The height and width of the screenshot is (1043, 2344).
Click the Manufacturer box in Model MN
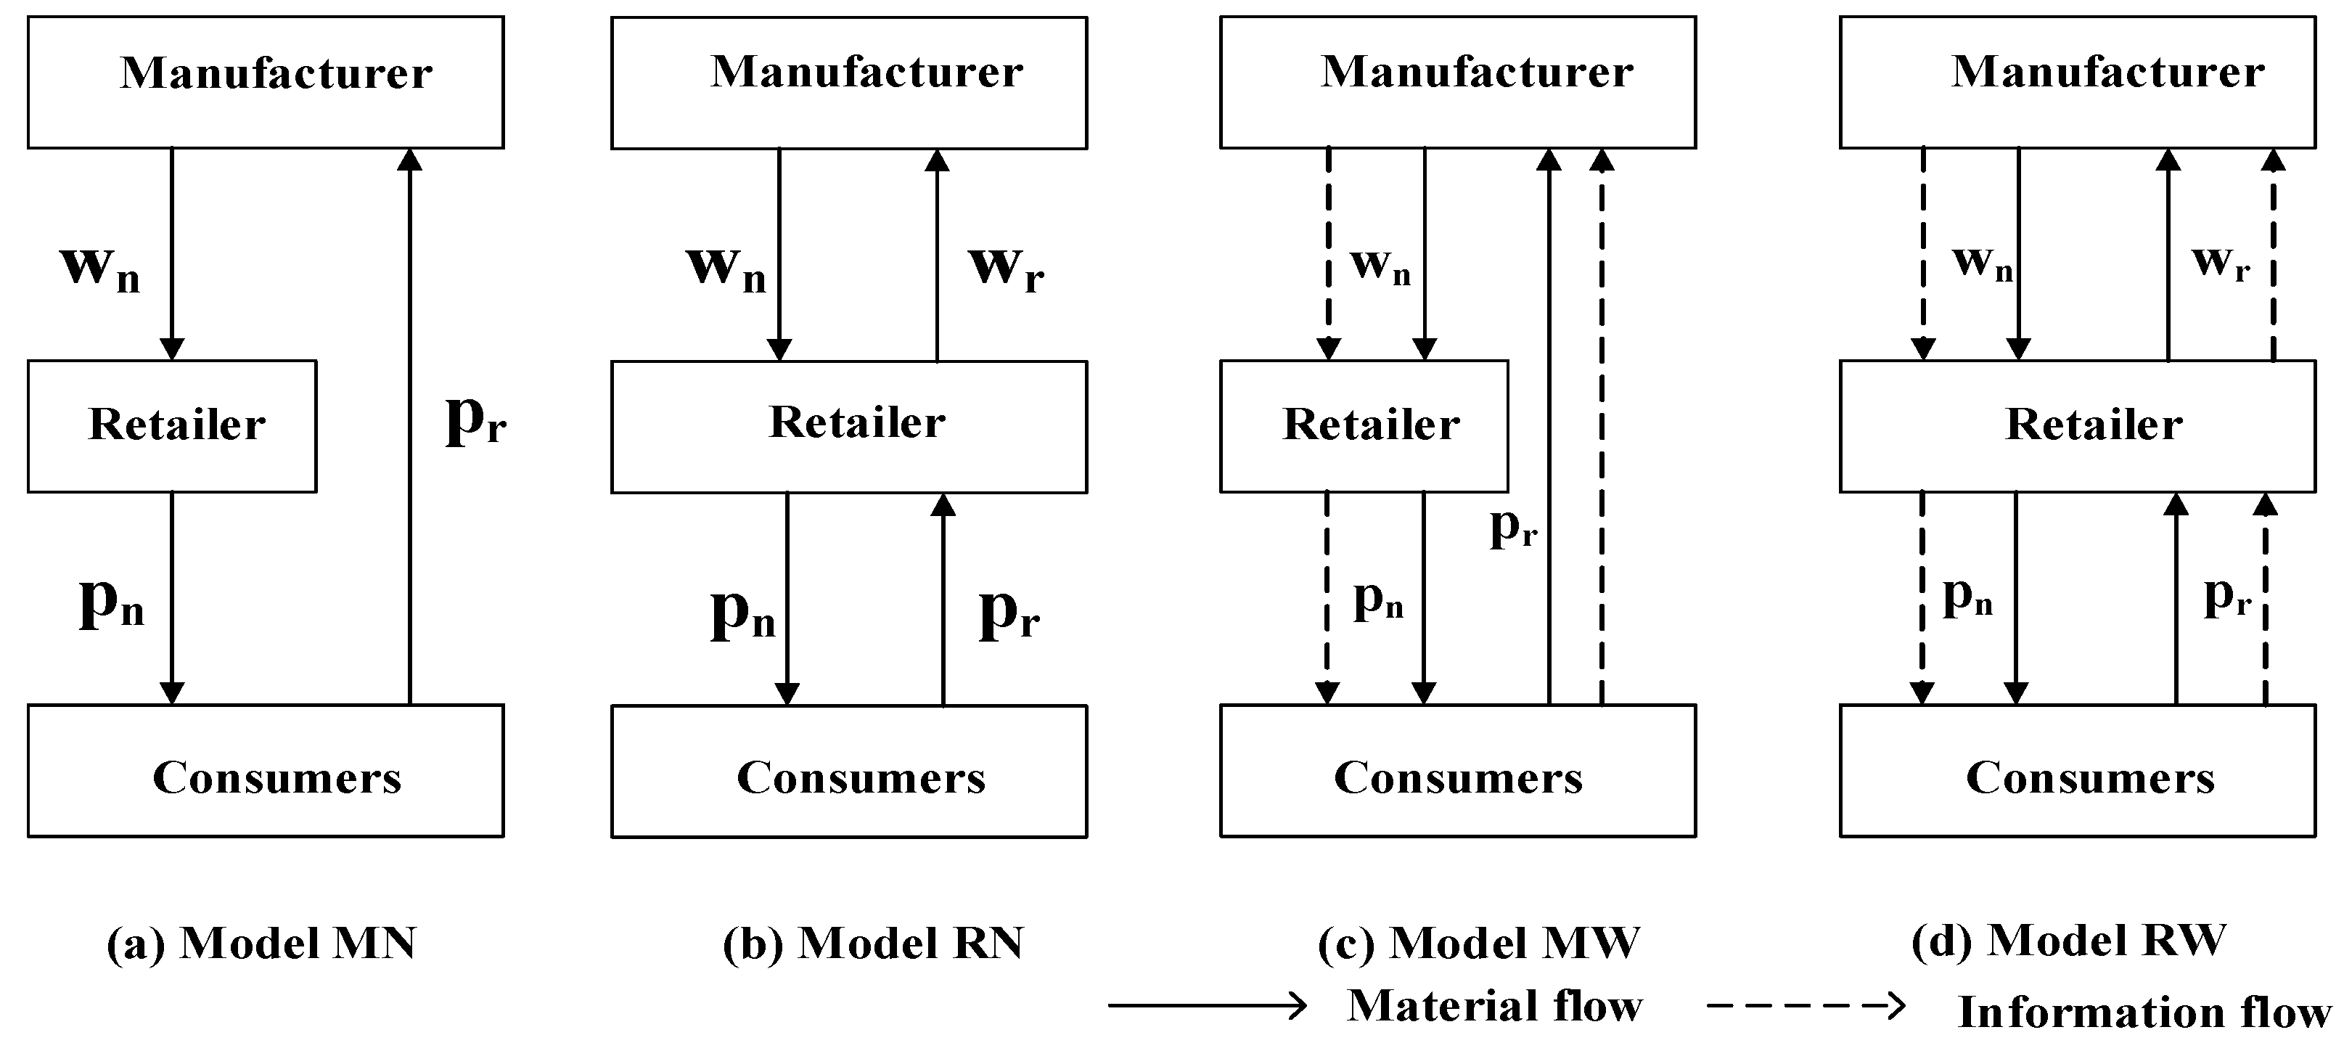coord(265,82)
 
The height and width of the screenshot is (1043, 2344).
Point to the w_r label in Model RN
coord(1006,268)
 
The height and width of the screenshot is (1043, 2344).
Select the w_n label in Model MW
coord(1380,266)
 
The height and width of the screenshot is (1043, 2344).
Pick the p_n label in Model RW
coord(1967,597)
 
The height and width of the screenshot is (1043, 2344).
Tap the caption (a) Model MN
coord(262,943)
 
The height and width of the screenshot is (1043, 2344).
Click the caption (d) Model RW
coord(2068,940)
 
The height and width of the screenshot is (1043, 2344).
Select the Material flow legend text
coord(1493,1006)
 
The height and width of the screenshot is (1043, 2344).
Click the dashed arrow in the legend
coord(1806,1006)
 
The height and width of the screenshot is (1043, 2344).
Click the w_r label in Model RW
coord(2220,262)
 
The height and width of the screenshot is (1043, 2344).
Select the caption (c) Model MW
coord(1479,943)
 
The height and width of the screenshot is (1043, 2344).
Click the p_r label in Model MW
coord(1512,527)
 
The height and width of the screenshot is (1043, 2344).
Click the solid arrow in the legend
coord(1207,1006)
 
